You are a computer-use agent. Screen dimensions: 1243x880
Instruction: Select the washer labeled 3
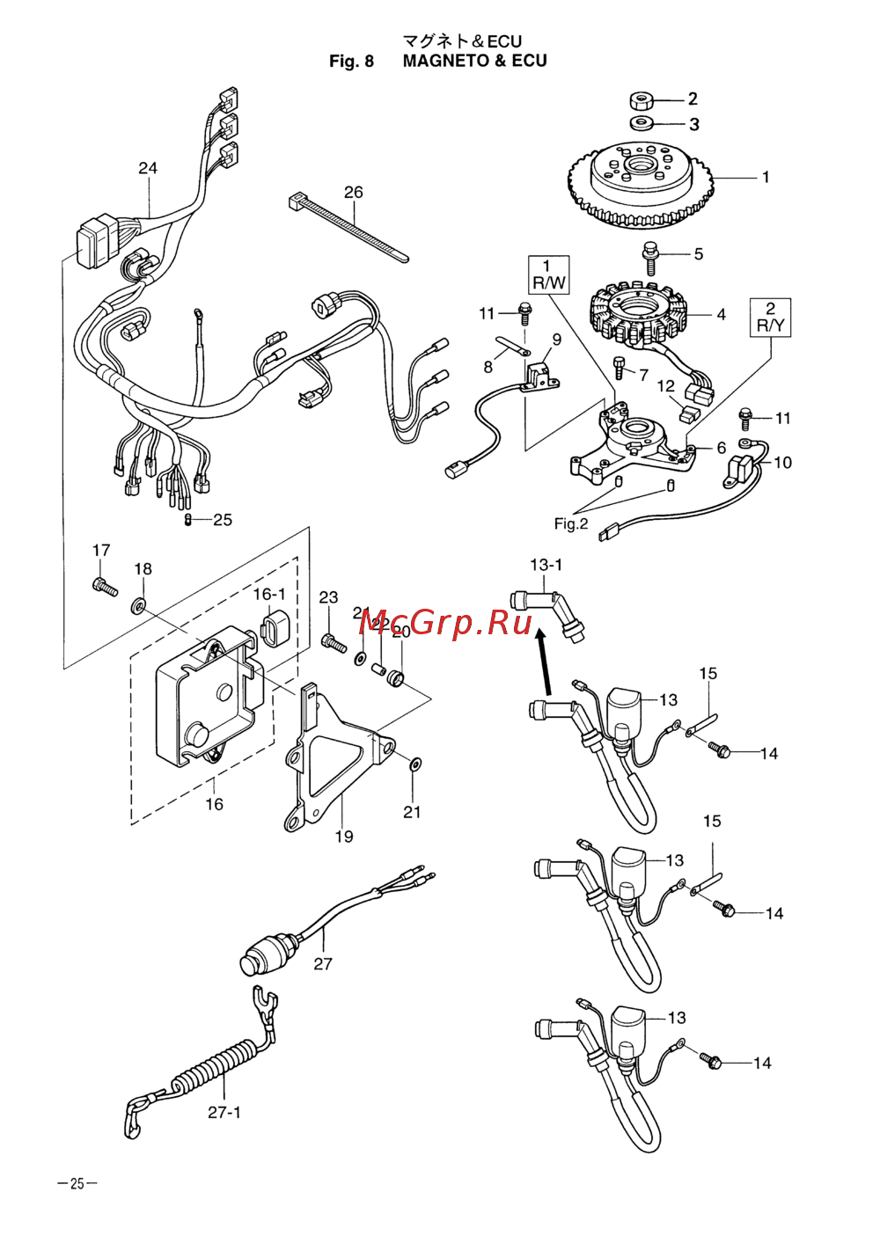641,123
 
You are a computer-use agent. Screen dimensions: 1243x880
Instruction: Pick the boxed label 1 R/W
547,274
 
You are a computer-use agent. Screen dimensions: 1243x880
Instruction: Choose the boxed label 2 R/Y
770,318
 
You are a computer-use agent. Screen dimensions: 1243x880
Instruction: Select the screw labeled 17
104,586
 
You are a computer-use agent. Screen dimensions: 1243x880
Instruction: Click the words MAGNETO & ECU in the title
474,61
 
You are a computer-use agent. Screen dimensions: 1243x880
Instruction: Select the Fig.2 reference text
570,524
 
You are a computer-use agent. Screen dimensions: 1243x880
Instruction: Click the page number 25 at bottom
77,1184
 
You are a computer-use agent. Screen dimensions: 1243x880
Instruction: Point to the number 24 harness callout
148,168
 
